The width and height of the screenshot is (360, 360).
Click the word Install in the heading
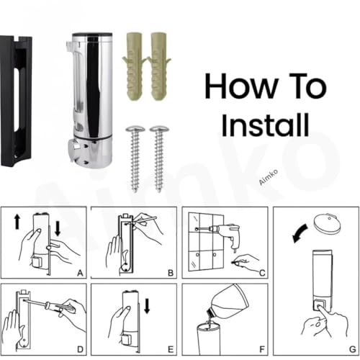[265, 125]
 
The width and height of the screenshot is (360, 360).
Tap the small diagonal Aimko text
[269, 177]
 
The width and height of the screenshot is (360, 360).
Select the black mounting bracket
[16, 101]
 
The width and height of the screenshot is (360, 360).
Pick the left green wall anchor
[134, 66]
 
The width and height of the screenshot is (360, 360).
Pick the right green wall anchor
[158, 66]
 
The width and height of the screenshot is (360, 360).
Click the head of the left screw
[135, 129]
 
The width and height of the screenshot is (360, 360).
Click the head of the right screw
[159, 129]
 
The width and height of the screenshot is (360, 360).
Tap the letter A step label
[80, 273]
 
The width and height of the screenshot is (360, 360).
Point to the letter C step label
[262, 273]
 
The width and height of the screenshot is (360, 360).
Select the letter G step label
[353, 349]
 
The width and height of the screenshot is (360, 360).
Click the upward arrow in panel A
[17, 222]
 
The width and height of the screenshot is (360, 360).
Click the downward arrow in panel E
[147, 305]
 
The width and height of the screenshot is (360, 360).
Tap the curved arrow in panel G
[300, 233]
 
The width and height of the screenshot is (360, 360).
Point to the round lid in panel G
[327, 222]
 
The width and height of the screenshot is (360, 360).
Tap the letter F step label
[262, 349]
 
